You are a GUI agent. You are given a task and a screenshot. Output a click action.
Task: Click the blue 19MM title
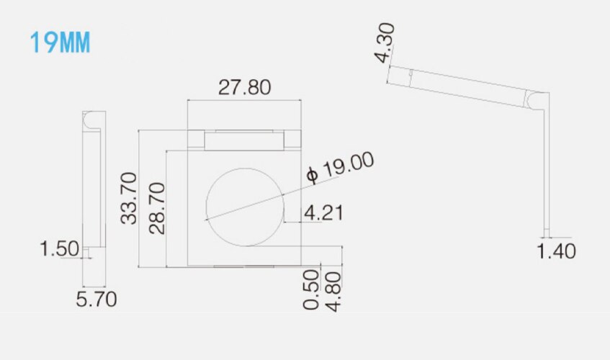tap(60, 42)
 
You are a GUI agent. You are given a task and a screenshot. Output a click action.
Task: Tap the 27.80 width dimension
tap(245, 88)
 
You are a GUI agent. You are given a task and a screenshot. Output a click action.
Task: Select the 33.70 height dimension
tap(129, 197)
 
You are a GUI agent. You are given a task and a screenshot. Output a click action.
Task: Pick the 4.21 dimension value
tap(324, 213)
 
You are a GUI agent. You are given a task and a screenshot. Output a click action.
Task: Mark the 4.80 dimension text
tap(333, 289)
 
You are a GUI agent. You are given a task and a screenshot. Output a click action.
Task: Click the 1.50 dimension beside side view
tap(59, 249)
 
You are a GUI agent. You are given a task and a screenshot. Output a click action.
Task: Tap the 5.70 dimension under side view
tap(97, 298)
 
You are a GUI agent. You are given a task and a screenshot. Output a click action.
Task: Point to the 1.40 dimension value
tap(556, 251)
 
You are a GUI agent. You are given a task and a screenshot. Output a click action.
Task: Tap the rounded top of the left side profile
tap(91, 119)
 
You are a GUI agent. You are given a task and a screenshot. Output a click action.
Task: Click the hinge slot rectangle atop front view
tap(244, 139)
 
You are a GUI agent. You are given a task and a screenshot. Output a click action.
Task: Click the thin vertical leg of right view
tap(547, 166)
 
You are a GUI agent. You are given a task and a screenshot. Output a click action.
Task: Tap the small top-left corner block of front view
tap(195, 138)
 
